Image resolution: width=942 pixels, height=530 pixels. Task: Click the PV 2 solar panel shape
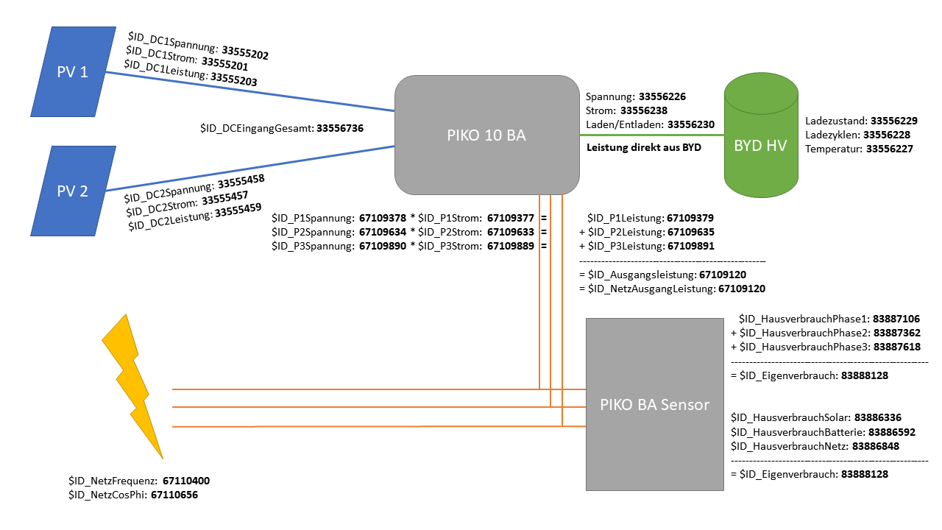[x=73, y=191]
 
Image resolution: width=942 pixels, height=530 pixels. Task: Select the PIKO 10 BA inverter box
[x=486, y=135]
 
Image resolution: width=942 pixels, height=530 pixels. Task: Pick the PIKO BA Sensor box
[x=654, y=404]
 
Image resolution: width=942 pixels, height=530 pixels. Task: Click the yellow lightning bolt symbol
[x=132, y=383]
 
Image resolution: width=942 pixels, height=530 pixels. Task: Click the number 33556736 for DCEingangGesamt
[x=340, y=128]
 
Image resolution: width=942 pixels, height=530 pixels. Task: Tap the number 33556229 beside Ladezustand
[x=894, y=121]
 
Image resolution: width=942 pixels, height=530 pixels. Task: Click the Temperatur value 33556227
[x=890, y=149]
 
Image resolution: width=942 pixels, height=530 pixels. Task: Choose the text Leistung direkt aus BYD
[x=644, y=147]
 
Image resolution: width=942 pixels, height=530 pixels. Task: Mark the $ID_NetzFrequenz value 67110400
[x=186, y=481]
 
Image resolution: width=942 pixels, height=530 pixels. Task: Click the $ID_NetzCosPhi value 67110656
[x=174, y=495]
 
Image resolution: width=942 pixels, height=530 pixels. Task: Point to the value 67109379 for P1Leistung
[x=690, y=218]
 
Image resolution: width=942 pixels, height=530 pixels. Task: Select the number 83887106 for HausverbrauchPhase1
[x=896, y=319]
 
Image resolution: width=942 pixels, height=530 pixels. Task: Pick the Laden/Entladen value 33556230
[x=691, y=124]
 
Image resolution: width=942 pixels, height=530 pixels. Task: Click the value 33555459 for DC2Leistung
[x=238, y=211]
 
